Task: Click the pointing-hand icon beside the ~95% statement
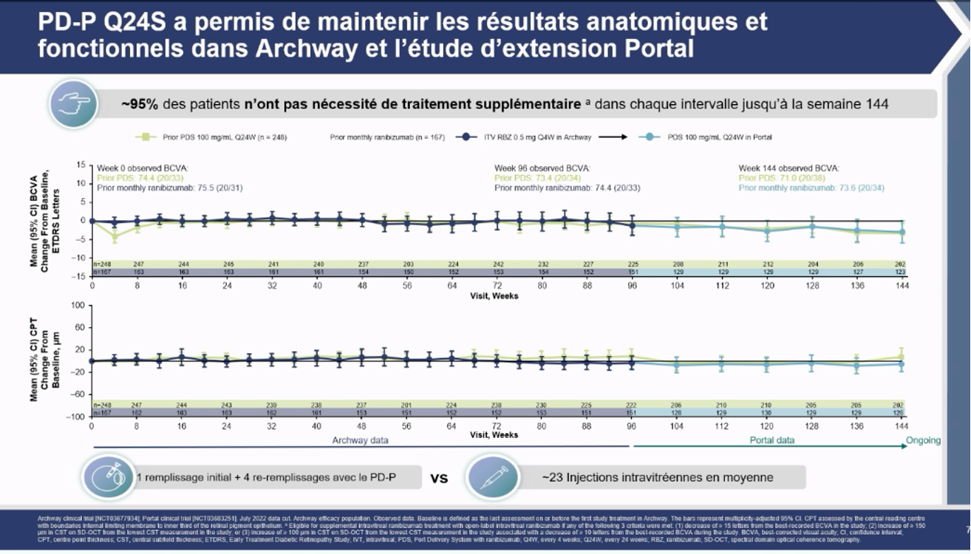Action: point(75,104)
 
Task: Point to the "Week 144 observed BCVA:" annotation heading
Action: point(789,168)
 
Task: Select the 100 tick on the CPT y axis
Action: point(80,305)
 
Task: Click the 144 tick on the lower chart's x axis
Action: point(902,426)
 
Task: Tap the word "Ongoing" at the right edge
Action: point(923,441)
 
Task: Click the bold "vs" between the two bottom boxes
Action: point(439,478)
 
